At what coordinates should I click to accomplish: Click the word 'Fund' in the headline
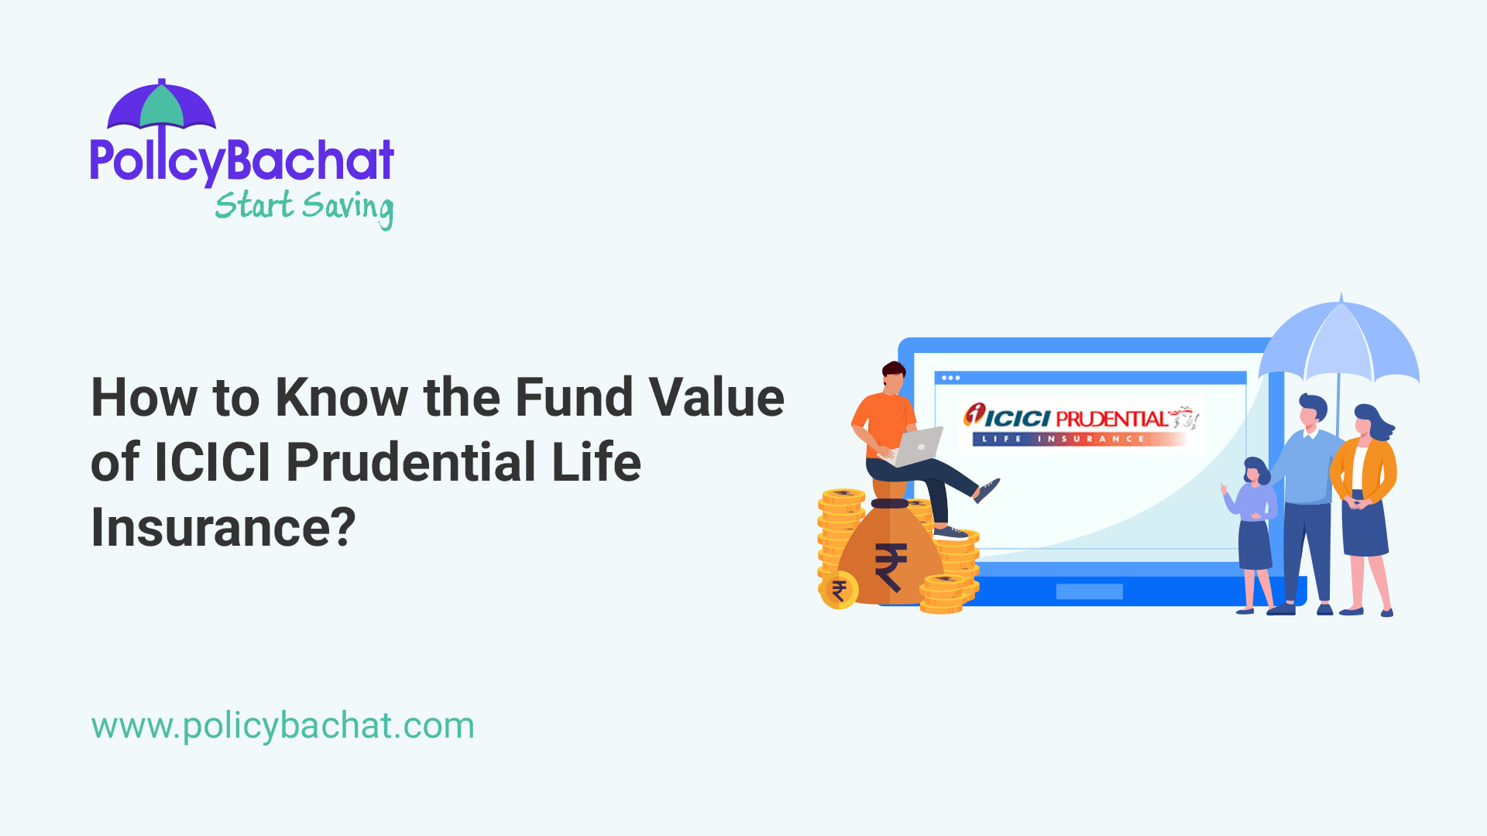click(573, 398)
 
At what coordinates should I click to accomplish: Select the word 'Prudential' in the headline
click(410, 463)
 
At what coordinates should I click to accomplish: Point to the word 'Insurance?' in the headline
click(223, 528)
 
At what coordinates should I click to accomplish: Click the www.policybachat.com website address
click(283, 726)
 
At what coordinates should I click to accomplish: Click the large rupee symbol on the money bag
click(891, 567)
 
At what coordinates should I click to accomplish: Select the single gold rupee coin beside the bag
click(838, 591)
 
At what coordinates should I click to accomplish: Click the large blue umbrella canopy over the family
click(1340, 344)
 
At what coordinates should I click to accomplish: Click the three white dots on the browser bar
click(951, 378)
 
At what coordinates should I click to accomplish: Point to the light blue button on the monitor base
click(1089, 591)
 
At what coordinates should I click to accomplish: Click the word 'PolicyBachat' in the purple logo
click(242, 161)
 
